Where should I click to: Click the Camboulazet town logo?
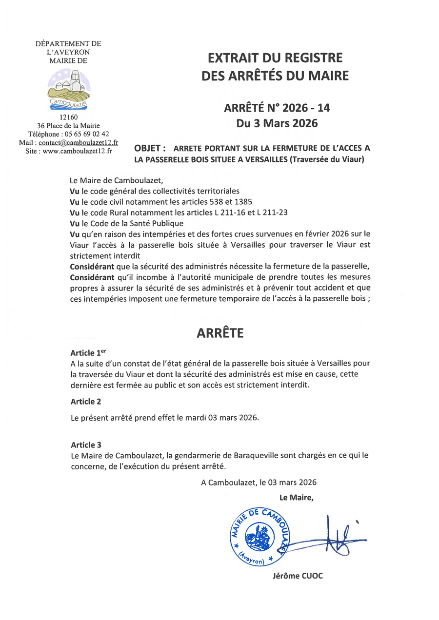[x=69, y=89]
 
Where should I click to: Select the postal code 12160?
[x=68, y=117]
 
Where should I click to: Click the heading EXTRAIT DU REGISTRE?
[x=275, y=58]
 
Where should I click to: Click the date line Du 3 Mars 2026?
[x=277, y=123]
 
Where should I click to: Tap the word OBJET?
[x=149, y=148]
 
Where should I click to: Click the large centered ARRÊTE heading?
[x=220, y=333]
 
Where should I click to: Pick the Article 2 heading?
[x=86, y=402]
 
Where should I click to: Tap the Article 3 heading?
[x=86, y=445]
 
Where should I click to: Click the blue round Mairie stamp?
[x=257, y=536]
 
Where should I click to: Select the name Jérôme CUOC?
[x=298, y=576]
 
